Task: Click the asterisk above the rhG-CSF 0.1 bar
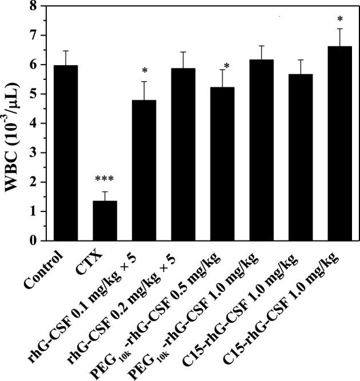coord(145,71)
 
